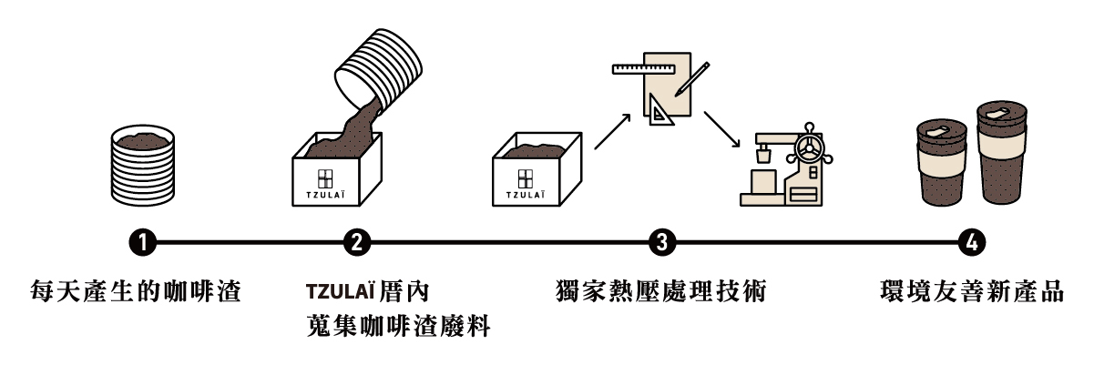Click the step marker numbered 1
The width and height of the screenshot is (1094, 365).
(x=143, y=243)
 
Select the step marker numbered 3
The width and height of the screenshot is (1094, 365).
(x=661, y=243)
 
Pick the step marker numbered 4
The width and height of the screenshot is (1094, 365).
(x=973, y=243)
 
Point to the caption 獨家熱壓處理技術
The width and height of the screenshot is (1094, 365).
(x=661, y=292)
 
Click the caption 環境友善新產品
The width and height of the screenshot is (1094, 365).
(x=973, y=292)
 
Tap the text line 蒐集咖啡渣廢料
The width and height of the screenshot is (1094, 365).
(x=398, y=326)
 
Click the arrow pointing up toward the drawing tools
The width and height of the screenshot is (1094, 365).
(x=612, y=131)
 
